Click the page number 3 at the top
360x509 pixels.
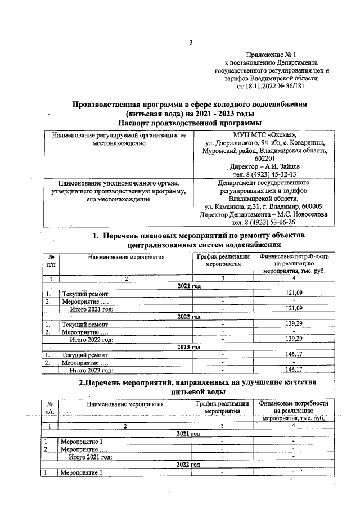click(191, 43)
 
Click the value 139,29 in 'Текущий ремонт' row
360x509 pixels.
click(294, 325)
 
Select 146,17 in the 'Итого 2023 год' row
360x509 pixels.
click(294, 370)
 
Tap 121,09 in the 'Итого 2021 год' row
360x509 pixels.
click(294, 308)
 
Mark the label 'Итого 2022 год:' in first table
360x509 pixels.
click(91, 339)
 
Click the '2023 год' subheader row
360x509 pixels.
click(189, 347)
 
